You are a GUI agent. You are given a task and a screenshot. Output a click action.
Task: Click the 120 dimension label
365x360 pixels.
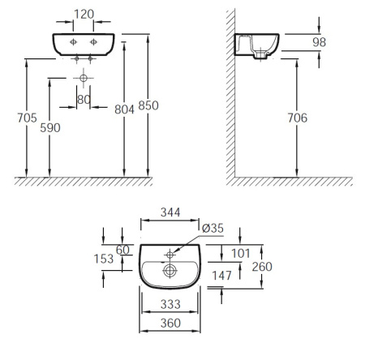pyautogui.click(x=84, y=14)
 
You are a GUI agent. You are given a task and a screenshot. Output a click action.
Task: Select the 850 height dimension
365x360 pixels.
pyautogui.click(x=148, y=105)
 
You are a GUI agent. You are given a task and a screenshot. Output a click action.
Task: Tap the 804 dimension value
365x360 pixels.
pyautogui.click(x=124, y=109)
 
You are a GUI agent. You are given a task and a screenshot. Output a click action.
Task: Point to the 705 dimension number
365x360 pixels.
pyautogui.click(x=27, y=118)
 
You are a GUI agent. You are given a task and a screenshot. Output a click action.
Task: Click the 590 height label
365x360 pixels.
pyautogui.click(x=50, y=127)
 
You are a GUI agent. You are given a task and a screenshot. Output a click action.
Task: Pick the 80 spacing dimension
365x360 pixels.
pyautogui.click(x=84, y=100)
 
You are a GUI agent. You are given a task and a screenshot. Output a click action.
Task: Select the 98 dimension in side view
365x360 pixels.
pyautogui.click(x=319, y=42)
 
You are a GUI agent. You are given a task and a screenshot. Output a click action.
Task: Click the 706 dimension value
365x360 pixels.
pyautogui.click(x=298, y=118)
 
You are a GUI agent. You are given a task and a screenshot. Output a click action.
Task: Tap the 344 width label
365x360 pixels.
pyautogui.click(x=170, y=212)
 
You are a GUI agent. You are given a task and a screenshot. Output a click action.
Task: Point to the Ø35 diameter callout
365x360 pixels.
pyautogui.click(x=213, y=229)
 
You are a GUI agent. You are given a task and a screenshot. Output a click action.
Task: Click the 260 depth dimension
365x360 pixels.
pyautogui.click(x=262, y=267)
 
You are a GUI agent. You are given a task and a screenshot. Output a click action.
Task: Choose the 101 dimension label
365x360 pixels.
pyautogui.click(x=241, y=254)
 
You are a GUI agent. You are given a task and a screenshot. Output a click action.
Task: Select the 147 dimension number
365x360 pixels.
pyautogui.click(x=221, y=276)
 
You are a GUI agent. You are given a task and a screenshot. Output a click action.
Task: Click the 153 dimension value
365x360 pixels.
pyautogui.click(x=104, y=259)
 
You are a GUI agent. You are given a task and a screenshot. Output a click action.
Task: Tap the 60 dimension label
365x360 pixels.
pyautogui.click(x=122, y=250)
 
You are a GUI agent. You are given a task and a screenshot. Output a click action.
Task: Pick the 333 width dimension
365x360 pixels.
pyautogui.click(x=170, y=305)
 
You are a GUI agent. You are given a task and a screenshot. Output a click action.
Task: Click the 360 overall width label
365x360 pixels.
pyautogui.click(x=170, y=323)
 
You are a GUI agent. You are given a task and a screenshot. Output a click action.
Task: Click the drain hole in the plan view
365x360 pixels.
pyautogui.click(x=170, y=271)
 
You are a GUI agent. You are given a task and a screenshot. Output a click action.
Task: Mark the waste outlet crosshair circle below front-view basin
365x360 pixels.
pyautogui.click(x=84, y=78)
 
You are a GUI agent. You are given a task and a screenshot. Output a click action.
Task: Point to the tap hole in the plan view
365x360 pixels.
pyautogui.click(x=170, y=255)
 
